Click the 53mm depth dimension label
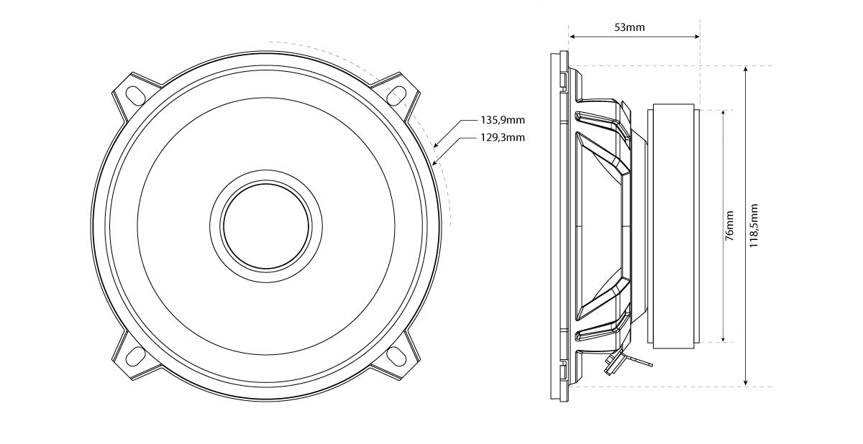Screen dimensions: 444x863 (629, 28)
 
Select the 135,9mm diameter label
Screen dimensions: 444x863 (503, 121)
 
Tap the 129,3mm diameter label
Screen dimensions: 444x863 (503, 137)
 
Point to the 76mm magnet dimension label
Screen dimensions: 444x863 (729, 226)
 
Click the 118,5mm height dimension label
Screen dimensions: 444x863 (753, 226)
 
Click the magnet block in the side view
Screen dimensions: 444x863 (673, 226)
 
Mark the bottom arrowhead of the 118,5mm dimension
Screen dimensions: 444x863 (746, 384)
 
